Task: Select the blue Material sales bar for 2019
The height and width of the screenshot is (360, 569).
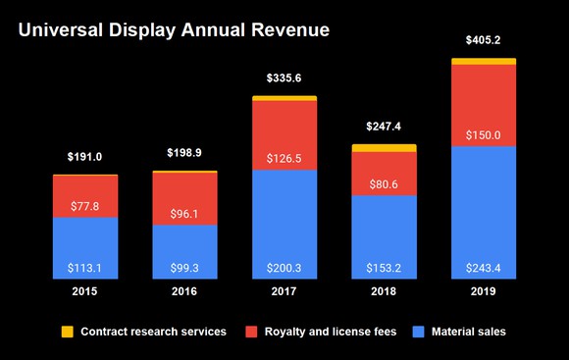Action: [483, 211]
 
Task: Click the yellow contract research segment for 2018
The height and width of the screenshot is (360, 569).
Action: [384, 148]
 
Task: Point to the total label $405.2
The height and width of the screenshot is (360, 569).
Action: [483, 40]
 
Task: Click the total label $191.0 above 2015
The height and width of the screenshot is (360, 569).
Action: [85, 157]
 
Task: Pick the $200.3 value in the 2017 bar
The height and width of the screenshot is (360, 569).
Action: [284, 268]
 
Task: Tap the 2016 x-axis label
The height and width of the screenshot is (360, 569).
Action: [185, 291]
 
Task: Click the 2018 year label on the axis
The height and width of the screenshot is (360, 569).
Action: [384, 291]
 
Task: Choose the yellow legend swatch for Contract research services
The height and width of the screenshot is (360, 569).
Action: [67, 332]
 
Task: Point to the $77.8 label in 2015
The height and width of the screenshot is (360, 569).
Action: [85, 207]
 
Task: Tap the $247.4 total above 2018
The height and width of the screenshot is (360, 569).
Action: [384, 127]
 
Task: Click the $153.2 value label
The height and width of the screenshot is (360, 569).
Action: [384, 268]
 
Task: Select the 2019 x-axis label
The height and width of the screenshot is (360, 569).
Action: [483, 291]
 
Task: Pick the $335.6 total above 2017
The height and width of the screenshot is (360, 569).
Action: [284, 77]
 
